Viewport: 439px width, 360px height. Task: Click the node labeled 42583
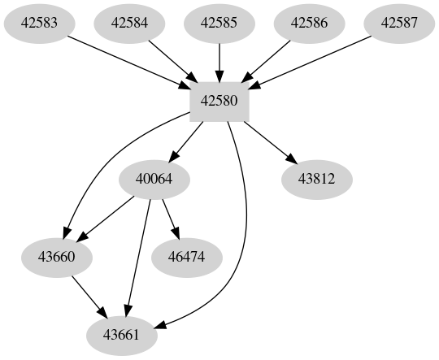(38, 24)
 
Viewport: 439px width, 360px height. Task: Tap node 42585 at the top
(219, 24)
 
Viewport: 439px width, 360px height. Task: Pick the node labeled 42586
(310, 24)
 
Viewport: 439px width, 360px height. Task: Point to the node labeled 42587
(400, 24)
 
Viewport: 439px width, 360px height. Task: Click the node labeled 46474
(187, 258)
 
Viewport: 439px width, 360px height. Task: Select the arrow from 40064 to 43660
(106, 219)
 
